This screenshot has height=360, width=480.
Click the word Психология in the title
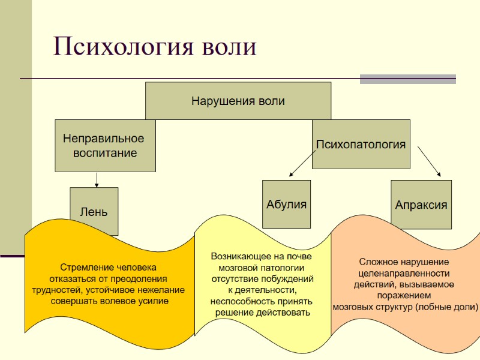coord(119,47)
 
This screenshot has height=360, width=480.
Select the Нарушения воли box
coord(238,101)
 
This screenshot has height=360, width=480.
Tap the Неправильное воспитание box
coord(104,145)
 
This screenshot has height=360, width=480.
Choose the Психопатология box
coord(361,144)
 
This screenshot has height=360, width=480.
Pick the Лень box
coord(94,211)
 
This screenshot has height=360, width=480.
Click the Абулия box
coord(286,204)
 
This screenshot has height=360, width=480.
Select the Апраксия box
coord(421,205)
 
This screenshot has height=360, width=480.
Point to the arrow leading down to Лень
coord(96,179)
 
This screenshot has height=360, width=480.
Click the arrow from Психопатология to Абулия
coord(301,163)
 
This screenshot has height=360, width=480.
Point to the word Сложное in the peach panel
coord(377,262)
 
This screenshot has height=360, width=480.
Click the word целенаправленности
coord(404,273)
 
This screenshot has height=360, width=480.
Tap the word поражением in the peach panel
coord(404,295)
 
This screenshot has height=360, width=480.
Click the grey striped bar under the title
coord(407,79)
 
